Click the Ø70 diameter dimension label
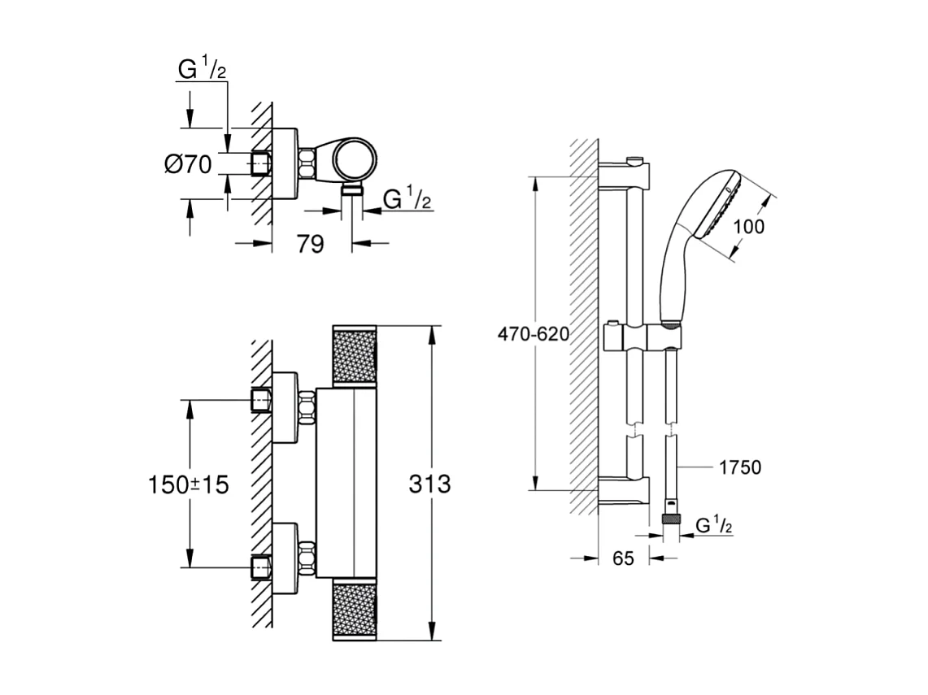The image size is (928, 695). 188,164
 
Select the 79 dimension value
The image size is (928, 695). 310,243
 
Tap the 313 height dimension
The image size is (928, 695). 429,484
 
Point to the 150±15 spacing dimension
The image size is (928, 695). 188,484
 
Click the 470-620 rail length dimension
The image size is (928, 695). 534,334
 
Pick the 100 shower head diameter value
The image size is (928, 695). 747,227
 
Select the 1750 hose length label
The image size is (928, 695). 739,467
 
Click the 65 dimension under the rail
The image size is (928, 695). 622,558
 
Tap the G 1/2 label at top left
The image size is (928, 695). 202,70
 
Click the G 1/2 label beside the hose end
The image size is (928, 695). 714,526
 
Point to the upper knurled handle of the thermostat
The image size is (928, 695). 355,355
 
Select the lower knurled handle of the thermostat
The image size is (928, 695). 355,610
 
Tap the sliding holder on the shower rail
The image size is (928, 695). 643,336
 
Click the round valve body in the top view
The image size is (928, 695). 355,159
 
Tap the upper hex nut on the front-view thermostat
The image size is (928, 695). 307,408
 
